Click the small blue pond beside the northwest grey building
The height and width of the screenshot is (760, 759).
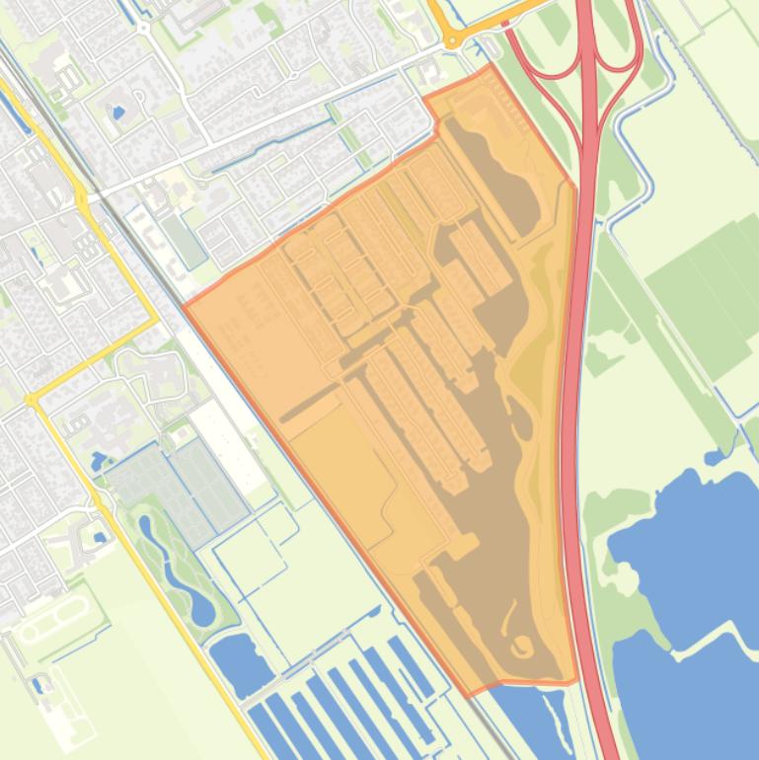(118, 113)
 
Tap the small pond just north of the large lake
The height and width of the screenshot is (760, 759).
(715, 457)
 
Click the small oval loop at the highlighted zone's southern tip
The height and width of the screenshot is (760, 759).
(520, 646)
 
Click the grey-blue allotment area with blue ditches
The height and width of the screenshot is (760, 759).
(173, 489)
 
